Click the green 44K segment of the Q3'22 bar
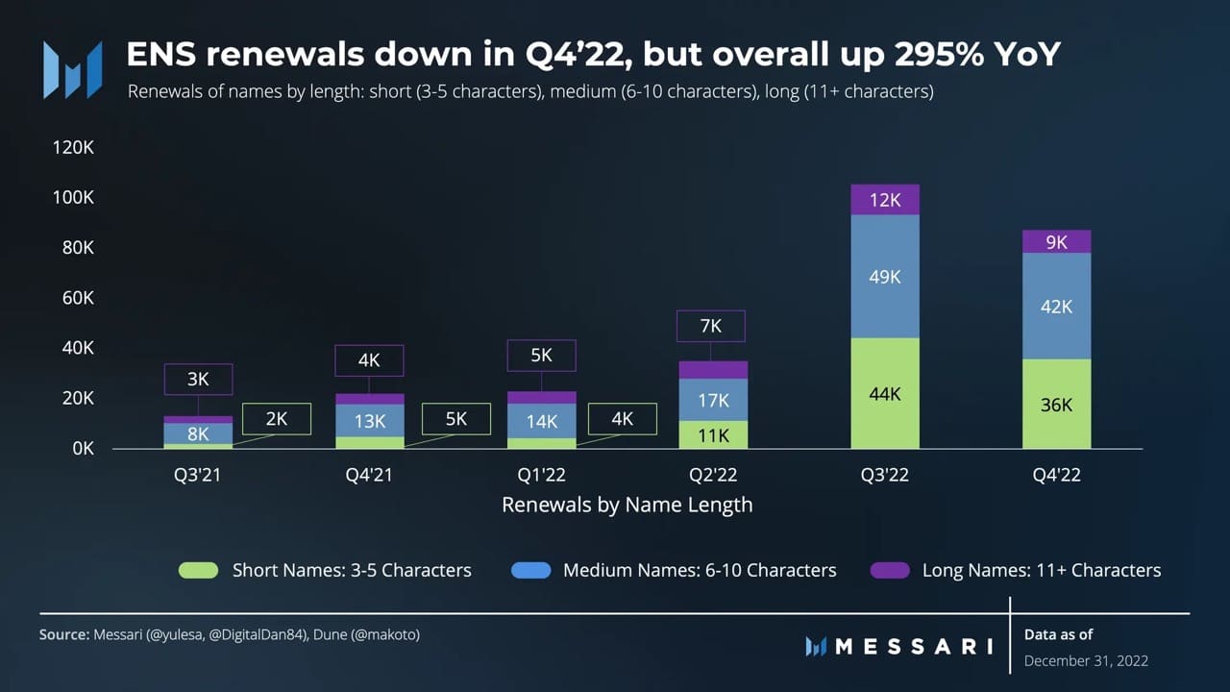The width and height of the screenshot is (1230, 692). [885, 393]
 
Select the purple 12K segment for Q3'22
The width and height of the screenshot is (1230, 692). [885, 200]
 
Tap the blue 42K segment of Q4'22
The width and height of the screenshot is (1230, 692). [1056, 307]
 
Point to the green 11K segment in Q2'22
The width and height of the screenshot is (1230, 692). [713, 435]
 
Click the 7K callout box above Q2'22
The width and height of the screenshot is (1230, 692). [711, 326]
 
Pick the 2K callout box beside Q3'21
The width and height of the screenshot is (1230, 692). [277, 419]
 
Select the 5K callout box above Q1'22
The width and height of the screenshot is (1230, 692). [541, 356]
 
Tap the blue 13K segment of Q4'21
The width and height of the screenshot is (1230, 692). [370, 421]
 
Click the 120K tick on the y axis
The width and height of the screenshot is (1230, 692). [73, 147]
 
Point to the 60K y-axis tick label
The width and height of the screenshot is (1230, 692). [76, 298]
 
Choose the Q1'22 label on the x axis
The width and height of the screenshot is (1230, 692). [541, 475]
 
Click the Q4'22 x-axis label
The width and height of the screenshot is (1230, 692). [1056, 475]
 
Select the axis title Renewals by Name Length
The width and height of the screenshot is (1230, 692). [627, 505]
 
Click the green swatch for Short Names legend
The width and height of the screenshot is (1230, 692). [198, 570]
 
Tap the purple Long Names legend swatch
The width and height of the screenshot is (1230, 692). [890, 570]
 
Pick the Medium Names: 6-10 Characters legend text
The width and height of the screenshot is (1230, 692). [700, 570]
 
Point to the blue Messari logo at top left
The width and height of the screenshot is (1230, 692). [72, 69]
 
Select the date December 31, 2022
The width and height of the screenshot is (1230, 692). [1086, 660]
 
